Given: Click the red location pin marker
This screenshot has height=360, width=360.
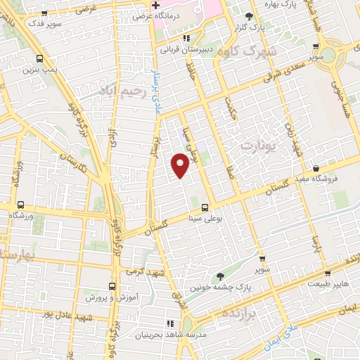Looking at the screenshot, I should [x=181, y=164].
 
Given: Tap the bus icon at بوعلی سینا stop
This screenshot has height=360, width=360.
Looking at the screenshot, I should [x=205, y=207].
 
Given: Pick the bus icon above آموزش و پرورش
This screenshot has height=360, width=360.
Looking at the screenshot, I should [x=111, y=286].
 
